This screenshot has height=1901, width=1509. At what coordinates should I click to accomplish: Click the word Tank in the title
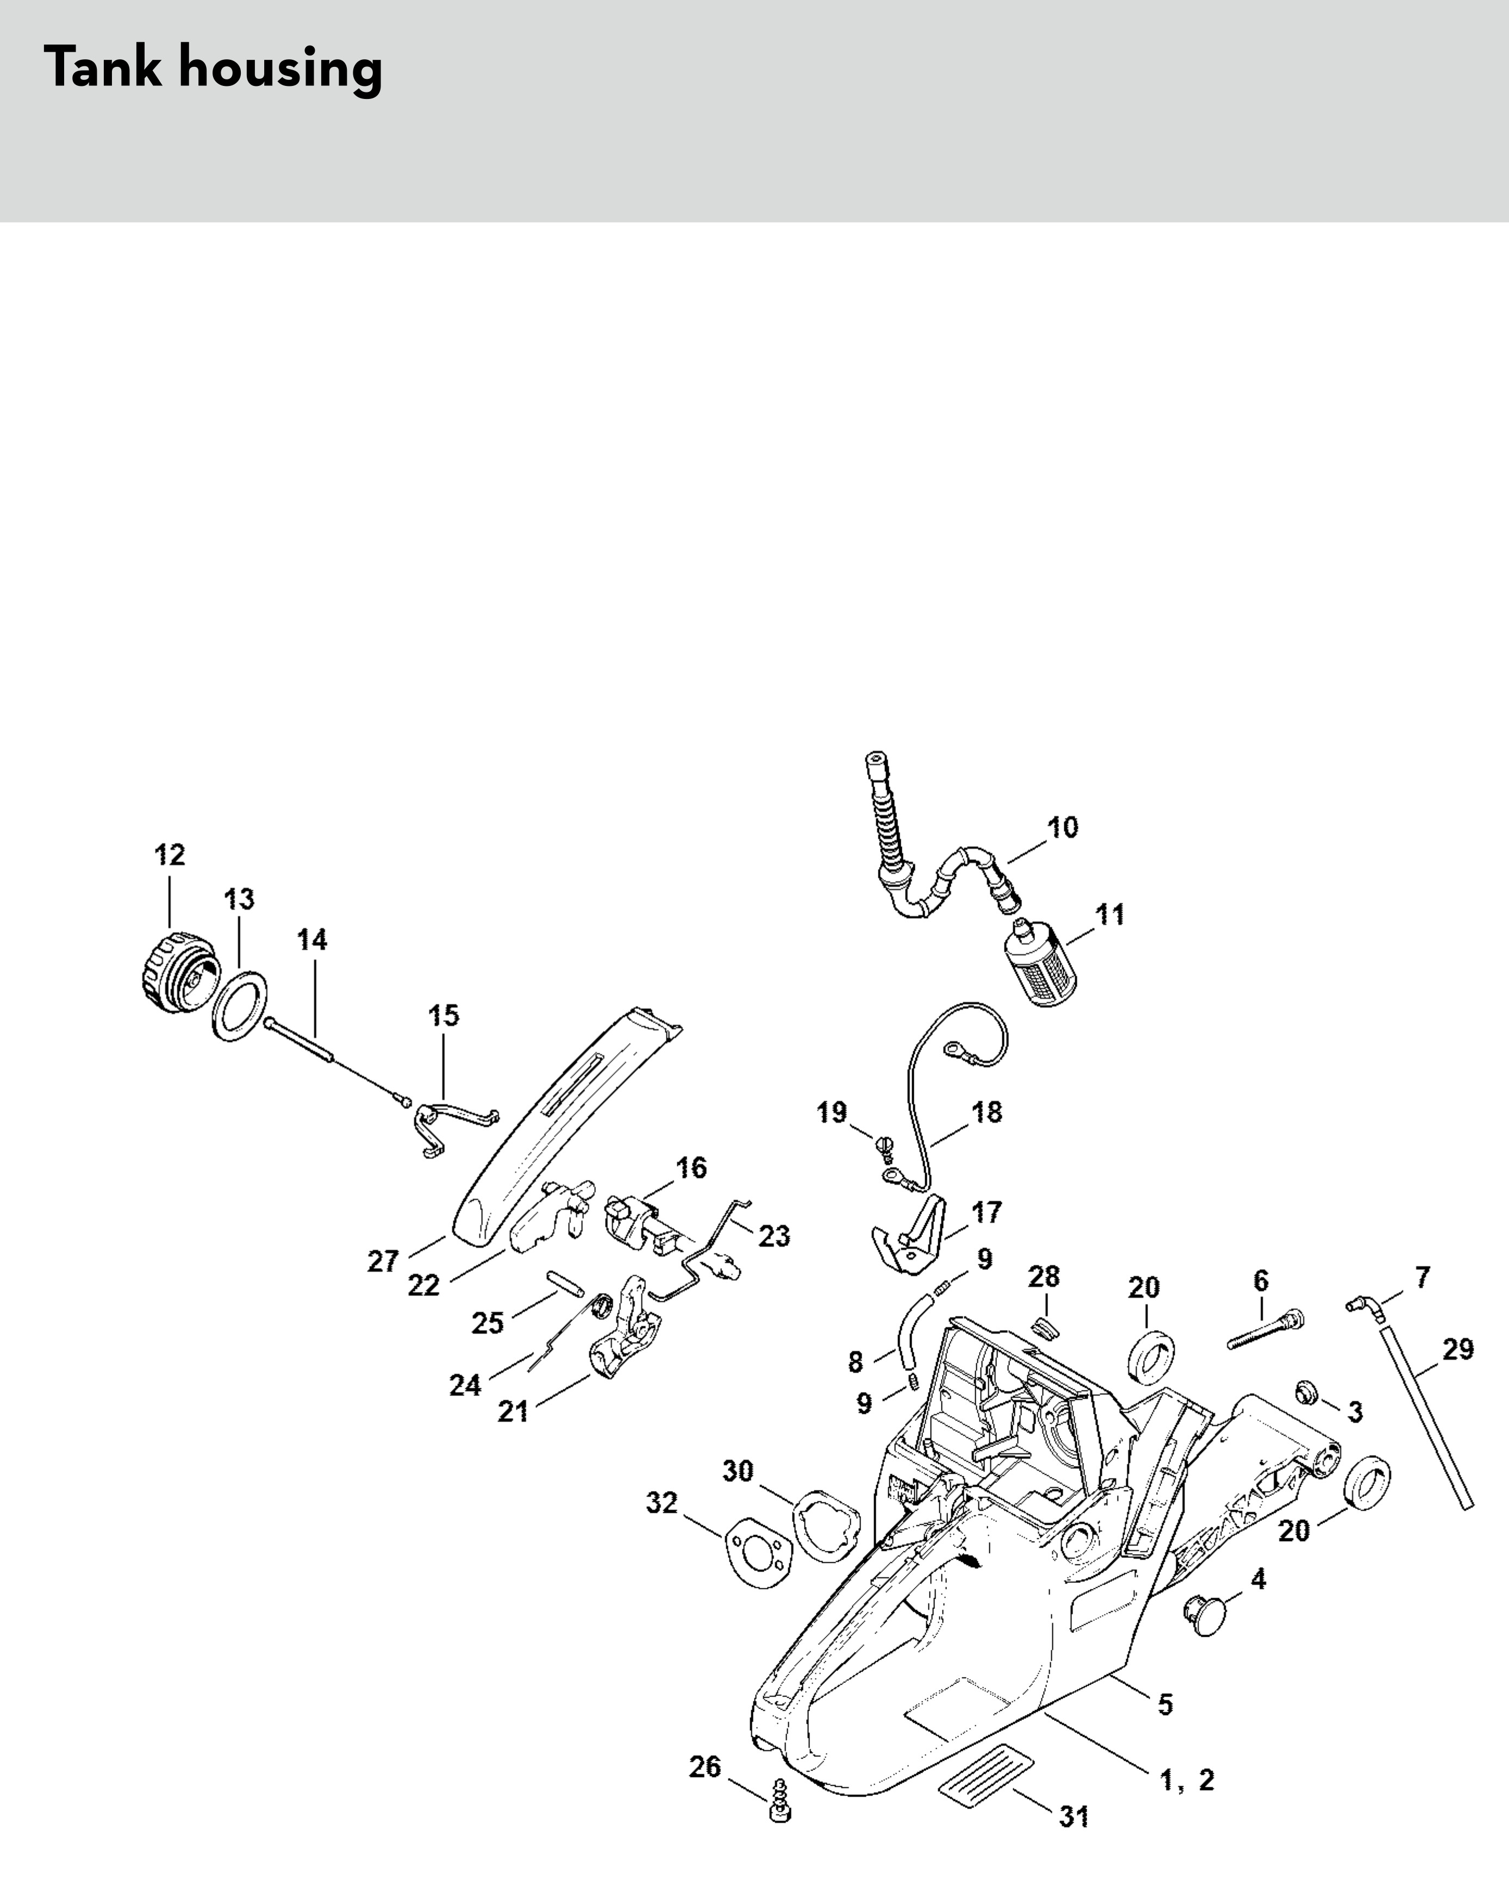coord(104,68)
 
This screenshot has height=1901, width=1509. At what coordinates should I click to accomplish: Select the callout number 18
coord(987,1112)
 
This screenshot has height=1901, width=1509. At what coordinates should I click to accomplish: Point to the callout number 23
coord(774,1235)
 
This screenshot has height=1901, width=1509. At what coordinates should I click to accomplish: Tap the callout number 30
coord(739,1471)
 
